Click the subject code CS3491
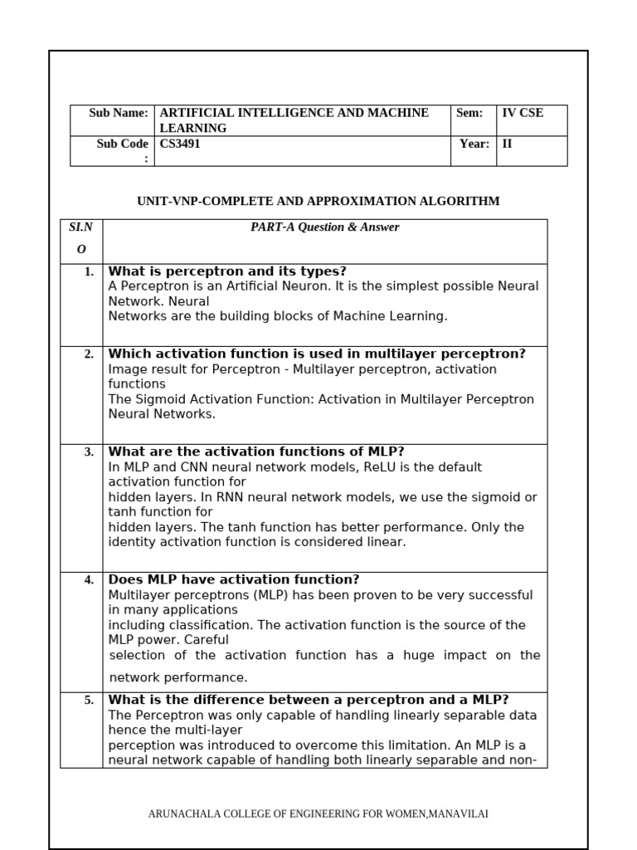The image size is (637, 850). point(180,144)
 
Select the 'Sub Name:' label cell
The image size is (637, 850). point(119,113)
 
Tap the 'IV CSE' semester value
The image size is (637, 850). point(523,113)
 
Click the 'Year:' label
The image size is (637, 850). point(474,144)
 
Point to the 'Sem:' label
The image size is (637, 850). point(469,113)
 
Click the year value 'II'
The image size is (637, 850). point(508,144)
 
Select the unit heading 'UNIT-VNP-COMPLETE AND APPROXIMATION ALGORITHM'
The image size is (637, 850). point(318,201)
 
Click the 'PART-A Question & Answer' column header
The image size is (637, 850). point(324,227)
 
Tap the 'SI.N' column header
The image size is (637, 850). point(80,227)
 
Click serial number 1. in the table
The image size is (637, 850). point(89,272)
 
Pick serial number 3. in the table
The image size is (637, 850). point(89,452)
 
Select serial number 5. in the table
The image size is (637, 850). point(89,701)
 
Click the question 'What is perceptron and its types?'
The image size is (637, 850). point(227,271)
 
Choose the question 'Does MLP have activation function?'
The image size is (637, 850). point(234,579)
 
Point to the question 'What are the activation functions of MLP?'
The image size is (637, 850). point(256,452)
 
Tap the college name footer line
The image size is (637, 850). point(318,813)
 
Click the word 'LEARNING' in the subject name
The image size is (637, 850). point(192,128)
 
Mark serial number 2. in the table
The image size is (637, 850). point(89,354)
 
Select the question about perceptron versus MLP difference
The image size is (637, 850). point(309,700)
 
